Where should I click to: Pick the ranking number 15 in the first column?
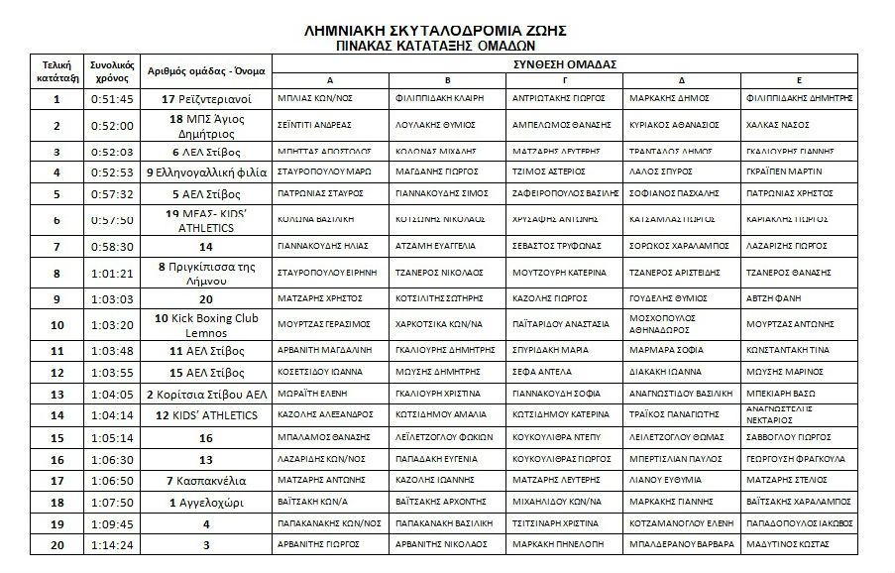[56, 437]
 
